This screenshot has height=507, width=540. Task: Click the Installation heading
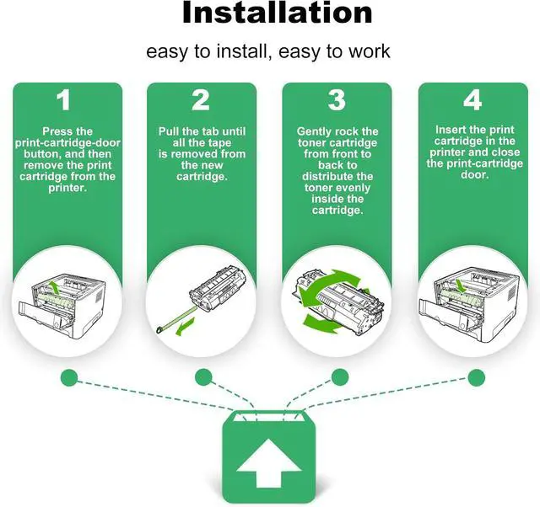(x=278, y=13)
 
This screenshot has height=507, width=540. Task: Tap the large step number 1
(x=64, y=99)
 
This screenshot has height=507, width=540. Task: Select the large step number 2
(x=201, y=99)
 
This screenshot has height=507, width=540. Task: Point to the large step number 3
(x=337, y=99)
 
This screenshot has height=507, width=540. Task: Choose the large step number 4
(x=472, y=99)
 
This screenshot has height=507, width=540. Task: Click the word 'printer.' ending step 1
(x=67, y=188)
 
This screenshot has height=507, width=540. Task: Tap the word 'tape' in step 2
(x=219, y=143)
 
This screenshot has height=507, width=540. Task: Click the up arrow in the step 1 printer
(x=53, y=287)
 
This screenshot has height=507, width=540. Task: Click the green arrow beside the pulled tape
(x=186, y=328)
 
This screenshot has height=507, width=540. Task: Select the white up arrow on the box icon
(x=269, y=462)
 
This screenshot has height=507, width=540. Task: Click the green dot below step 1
(x=69, y=378)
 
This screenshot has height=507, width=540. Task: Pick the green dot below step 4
(x=477, y=378)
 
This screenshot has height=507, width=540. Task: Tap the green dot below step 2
(x=203, y=377)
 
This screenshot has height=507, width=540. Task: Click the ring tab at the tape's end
(x=159, y=330)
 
